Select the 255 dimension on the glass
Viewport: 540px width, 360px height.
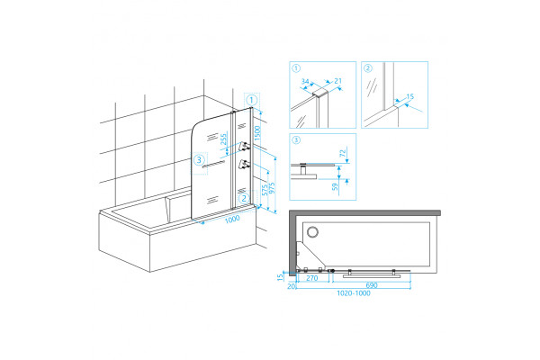pos(223,139)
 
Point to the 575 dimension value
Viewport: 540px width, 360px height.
pos(265,190)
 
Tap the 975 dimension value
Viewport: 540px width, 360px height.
pos(272,188)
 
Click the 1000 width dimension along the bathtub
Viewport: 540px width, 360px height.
pos(232,219)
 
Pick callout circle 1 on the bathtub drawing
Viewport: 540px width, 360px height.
pos(252,100)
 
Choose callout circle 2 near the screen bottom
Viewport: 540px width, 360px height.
pos(244,198)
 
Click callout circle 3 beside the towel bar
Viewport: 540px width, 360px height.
pos(199,160)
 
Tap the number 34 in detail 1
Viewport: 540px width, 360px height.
pos(305,82)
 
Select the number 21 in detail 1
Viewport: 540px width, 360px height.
pos(337,81)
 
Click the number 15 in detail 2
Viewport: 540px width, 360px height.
pos(409,97)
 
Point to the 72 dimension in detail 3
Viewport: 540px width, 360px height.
pos(343,153)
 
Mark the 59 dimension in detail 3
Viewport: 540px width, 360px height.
pos(335,187)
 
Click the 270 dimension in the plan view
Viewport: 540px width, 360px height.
pos(311,278)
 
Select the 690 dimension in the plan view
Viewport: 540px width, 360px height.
pos(372,285)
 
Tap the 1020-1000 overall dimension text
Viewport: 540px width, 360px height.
pos(354,293)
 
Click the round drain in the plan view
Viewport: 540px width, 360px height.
pos(312,232)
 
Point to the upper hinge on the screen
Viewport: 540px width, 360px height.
pos(244,147)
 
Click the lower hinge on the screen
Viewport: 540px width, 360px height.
pos(244,164)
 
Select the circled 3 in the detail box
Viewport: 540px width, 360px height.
pos(296,139)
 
